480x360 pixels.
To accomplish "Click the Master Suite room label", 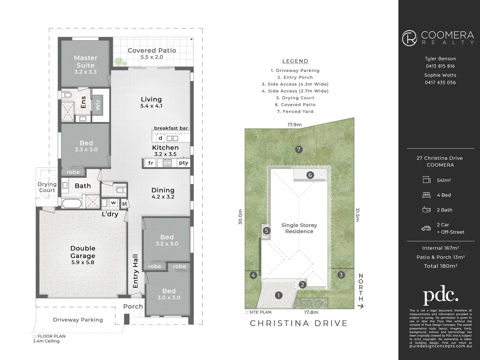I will (x=86, y=62).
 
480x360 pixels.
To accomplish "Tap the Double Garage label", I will (x=83, y=252).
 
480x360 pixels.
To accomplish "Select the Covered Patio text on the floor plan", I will (x=152, y=50).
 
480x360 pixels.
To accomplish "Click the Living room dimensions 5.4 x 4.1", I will (x=151, y=106).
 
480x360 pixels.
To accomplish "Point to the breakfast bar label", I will (x=171, y=128).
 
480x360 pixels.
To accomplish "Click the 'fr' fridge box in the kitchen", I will (x=151, y=163).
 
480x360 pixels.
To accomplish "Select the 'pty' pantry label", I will (x=184, y=163).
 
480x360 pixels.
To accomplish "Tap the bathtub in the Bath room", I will (x=72, y=204).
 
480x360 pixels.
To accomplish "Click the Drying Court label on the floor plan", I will (x=47, y=187).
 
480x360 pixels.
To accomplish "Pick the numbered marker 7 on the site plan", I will (x=299, y=149).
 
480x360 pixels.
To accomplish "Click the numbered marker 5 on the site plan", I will (x=266, y=231).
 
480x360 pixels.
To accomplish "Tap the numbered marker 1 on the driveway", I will (x=278, y=295).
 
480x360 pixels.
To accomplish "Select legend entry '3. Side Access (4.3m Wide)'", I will (x=295, y=84).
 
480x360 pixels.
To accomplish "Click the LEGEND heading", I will (x=295, y=61).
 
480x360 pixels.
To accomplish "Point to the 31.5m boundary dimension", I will (x=357, y=215).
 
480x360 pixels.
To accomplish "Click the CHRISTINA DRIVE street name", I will (x=299, y=323).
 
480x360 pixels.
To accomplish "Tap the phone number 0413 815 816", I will (x=440, y=66).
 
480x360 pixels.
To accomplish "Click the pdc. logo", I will (x=440, y=295).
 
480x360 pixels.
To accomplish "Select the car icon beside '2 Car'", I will (x=426, y=228).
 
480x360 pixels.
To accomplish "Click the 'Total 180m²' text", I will (x=440, y=266).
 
